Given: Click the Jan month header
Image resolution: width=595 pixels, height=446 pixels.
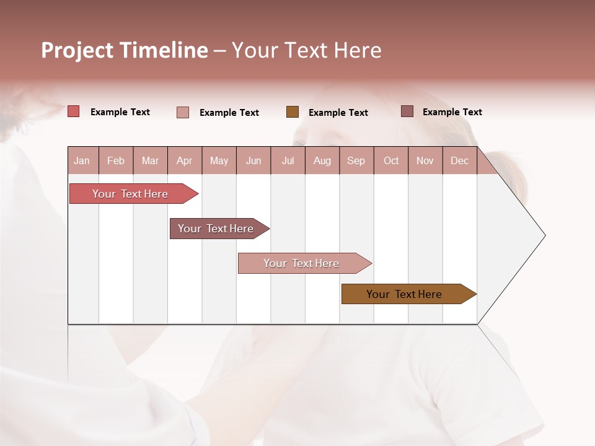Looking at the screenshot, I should click(x=82, y=160).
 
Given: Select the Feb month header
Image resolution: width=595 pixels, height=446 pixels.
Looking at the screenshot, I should click(x=116, y=160).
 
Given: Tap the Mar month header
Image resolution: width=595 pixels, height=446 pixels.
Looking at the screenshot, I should click(x=150, y=160).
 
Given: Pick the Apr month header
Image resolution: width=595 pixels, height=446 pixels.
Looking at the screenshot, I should click(x=185, y=160).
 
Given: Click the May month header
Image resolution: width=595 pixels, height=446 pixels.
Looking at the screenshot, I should click(x=219, y=160).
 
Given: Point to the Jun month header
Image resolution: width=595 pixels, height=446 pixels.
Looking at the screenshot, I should click(x=253, y=160).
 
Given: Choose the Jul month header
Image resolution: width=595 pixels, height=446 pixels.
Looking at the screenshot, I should click(x=288, y=160).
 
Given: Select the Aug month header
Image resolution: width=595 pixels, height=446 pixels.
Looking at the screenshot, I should click(x=322, y=160).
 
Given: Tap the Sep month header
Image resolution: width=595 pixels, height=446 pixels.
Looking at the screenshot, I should click(x=356, y=160).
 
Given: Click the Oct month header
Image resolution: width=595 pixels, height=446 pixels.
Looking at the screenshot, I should click(x=391, y=160).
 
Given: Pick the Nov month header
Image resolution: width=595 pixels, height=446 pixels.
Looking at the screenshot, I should click(x=425, y=160).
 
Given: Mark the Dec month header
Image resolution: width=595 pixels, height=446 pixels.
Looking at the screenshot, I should click(x=460, y=160).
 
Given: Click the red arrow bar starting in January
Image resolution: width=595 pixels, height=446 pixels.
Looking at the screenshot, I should click(x=131, y=194).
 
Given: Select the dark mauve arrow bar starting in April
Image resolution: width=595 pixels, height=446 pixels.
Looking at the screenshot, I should click(x=216, y=229).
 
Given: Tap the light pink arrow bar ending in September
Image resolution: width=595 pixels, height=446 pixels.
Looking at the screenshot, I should click(x=302, y=263).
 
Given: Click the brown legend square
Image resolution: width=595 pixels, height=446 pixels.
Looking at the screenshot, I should click(x=293, y=112).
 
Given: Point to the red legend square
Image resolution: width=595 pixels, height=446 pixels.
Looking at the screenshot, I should click(x=74, y=111).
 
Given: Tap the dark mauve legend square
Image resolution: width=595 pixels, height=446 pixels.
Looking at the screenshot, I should click(x=407, y=111).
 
